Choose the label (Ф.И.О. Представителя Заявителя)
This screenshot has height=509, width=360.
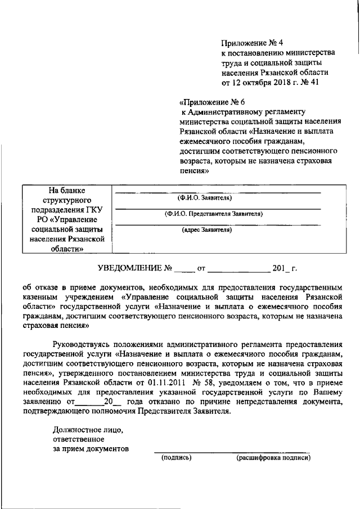(213, 214)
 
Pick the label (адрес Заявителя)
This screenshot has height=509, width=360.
(206, 229)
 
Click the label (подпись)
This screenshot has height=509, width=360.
(176, 457)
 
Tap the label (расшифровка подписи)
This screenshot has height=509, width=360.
(273, 457)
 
